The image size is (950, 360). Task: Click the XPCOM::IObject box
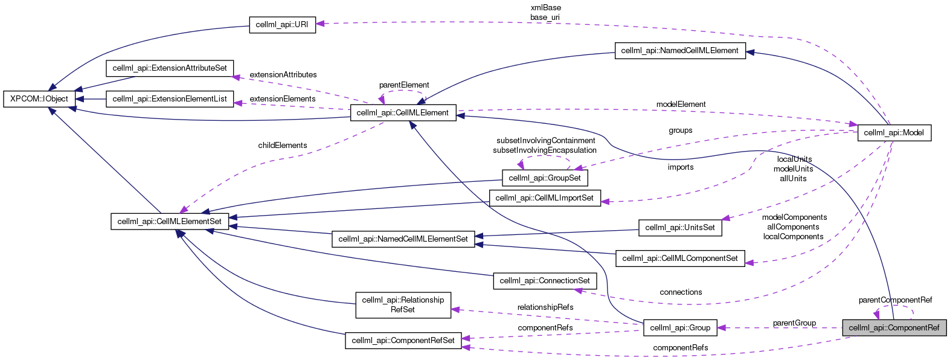pyautogui.click(x=39, y=98)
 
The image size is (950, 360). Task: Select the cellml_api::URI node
pyautogui.click(x=282, y=25)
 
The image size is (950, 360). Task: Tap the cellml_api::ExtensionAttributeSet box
pyautogui.click(x=170, y=68)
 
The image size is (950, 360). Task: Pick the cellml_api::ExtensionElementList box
pyautogui.click(x=170, y=98)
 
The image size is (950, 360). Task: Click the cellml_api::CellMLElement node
pyautogui.click(x=403, y=113)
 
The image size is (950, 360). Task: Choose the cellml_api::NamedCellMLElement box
pyautogui.click(x=679, y=51)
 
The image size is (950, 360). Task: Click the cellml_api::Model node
pyautogui.click(x=894, y=133)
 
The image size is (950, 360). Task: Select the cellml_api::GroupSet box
pyautogui.click(x=545, y=178)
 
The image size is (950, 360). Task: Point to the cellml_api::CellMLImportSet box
pyautogui.click(x=545, y=198)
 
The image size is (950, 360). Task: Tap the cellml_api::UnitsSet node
pyautogui.click(x=680, y=228)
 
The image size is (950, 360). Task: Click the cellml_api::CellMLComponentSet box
pyautogui.click(x=680, y=259)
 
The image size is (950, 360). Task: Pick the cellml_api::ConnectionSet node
pyautogui.click(x=545, y=281)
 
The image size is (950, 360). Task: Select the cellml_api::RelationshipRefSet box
pyautogui.click(x=403, y=305)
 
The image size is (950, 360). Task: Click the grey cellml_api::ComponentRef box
pyautogui.click(x=894, y=328)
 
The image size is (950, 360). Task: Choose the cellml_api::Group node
pyautogui.click(x=680, y=328)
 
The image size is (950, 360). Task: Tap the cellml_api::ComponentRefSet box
pyautogui.click(x=403, y=341)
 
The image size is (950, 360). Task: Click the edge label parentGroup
pyautogui.click(x=794, y=323)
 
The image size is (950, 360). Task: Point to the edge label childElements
pyautogui.click(x=283, y=146)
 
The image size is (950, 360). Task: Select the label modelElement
pyautogui.click(x=681, y=104)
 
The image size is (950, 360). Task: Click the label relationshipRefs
pyautogui.click(x=545, y=307)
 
